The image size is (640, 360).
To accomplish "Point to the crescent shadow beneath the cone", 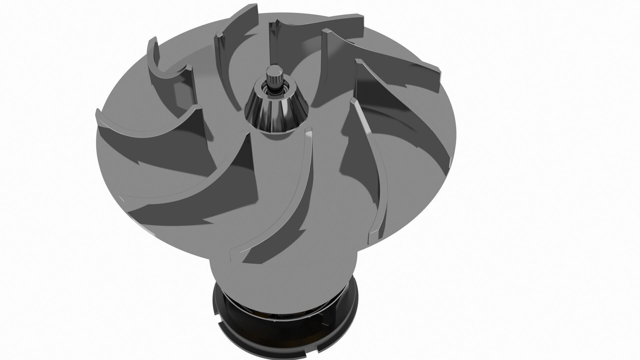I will [x=277, y=135].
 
